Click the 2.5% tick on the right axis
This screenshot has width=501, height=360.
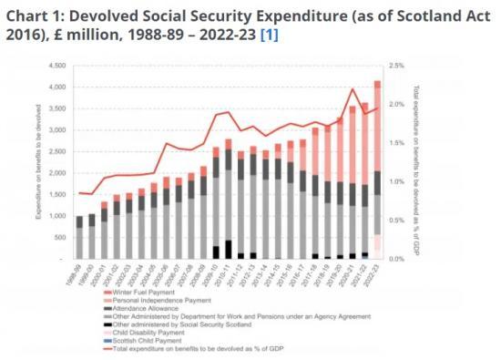pyautogui.click(x=396, y=67)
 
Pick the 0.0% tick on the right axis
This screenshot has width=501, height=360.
pyautogui.click(x=396, y=259)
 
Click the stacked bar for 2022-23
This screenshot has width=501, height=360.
pyautogui.click(x=376, y=173)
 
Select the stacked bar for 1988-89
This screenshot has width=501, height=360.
pyautogui.click(x=80, y=238)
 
